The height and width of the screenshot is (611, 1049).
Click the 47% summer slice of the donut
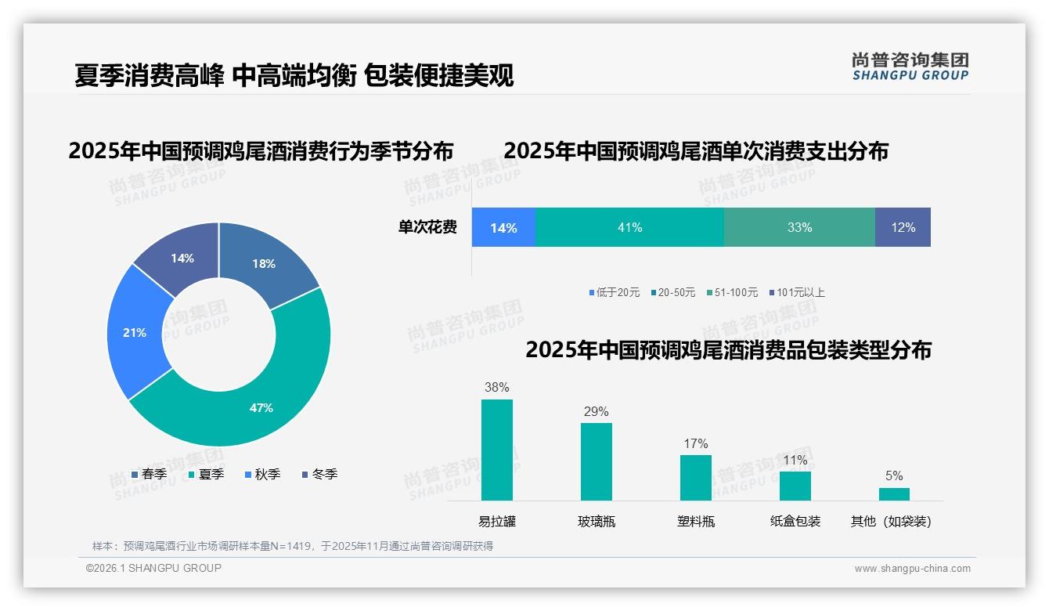[x=262, y=407]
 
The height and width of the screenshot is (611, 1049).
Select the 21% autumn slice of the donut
[x=135, y=333]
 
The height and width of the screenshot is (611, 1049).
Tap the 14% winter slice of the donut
[x=183, y=258]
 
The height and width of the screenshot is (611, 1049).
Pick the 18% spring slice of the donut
[x=263, y=264]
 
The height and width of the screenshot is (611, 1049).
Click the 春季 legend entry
[x=149, y=474]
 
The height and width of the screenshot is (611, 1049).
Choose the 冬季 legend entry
[x=319, y=474]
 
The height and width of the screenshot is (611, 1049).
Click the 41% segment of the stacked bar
[x=629, y=227]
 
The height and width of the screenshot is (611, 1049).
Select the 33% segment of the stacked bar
[x=799, y=227]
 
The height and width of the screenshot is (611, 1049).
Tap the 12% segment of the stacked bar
[x=903, y=227]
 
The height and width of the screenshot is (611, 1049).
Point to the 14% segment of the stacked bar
[x=503, y=227]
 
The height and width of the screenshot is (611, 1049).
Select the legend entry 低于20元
[x=615, y=292]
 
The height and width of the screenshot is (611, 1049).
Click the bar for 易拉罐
[x=497, y=450]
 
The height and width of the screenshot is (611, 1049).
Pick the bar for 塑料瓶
[x=695, y=477]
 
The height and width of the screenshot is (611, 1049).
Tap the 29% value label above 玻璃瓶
[x=596, y=411]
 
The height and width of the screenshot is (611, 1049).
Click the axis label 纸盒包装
[x=795, y=521]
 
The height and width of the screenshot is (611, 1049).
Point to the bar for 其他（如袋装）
[x=894, y=493]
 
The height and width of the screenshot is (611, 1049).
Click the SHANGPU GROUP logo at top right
[x=910, y=66]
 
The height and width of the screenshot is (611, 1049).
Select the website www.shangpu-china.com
[x=912, y=569]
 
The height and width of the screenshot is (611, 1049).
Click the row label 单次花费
[x=427, y=227]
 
